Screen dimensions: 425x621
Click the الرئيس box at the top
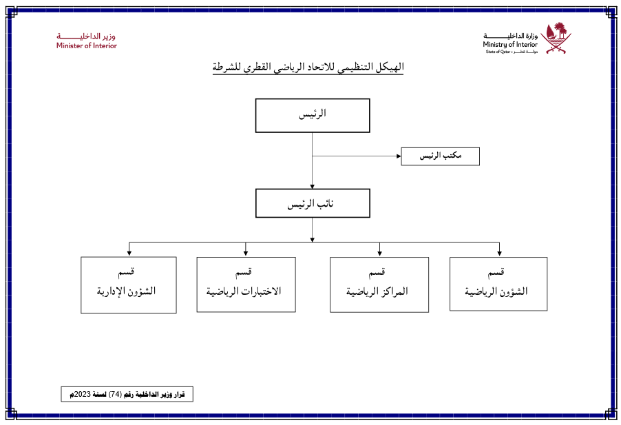313,115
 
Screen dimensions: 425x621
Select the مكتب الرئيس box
440,156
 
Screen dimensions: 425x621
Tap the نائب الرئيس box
313,204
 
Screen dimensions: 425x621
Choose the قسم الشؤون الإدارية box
128,284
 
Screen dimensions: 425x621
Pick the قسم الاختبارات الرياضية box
246,284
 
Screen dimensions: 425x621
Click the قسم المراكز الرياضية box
379,284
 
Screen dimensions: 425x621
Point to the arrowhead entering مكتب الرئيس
399,156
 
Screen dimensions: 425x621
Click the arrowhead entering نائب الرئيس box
313,187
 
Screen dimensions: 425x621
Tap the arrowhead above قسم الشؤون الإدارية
129,253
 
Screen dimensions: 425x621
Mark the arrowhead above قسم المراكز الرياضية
379,253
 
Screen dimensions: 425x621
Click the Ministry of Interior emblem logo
556,38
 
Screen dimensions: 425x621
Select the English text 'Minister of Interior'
87,46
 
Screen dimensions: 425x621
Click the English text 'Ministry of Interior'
509,44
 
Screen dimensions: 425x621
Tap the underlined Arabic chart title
308,68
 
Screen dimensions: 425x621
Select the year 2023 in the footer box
81,395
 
